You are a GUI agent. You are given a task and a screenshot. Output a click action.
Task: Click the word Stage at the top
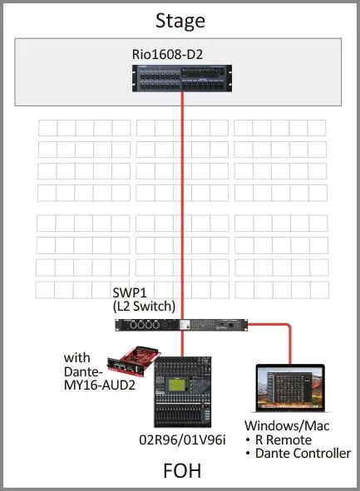coord(180,20)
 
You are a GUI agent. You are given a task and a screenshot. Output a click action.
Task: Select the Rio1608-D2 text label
coord(180,54)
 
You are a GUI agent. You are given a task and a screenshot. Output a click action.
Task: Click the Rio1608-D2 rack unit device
coord(180,77)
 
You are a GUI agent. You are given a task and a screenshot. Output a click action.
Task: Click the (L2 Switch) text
coord(144,307)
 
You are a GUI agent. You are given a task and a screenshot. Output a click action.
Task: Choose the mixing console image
coord(183,394)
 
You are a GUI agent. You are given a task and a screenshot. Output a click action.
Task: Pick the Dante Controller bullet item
coord(293,454)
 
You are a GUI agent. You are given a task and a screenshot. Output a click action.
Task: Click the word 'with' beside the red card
coord(77,357)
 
